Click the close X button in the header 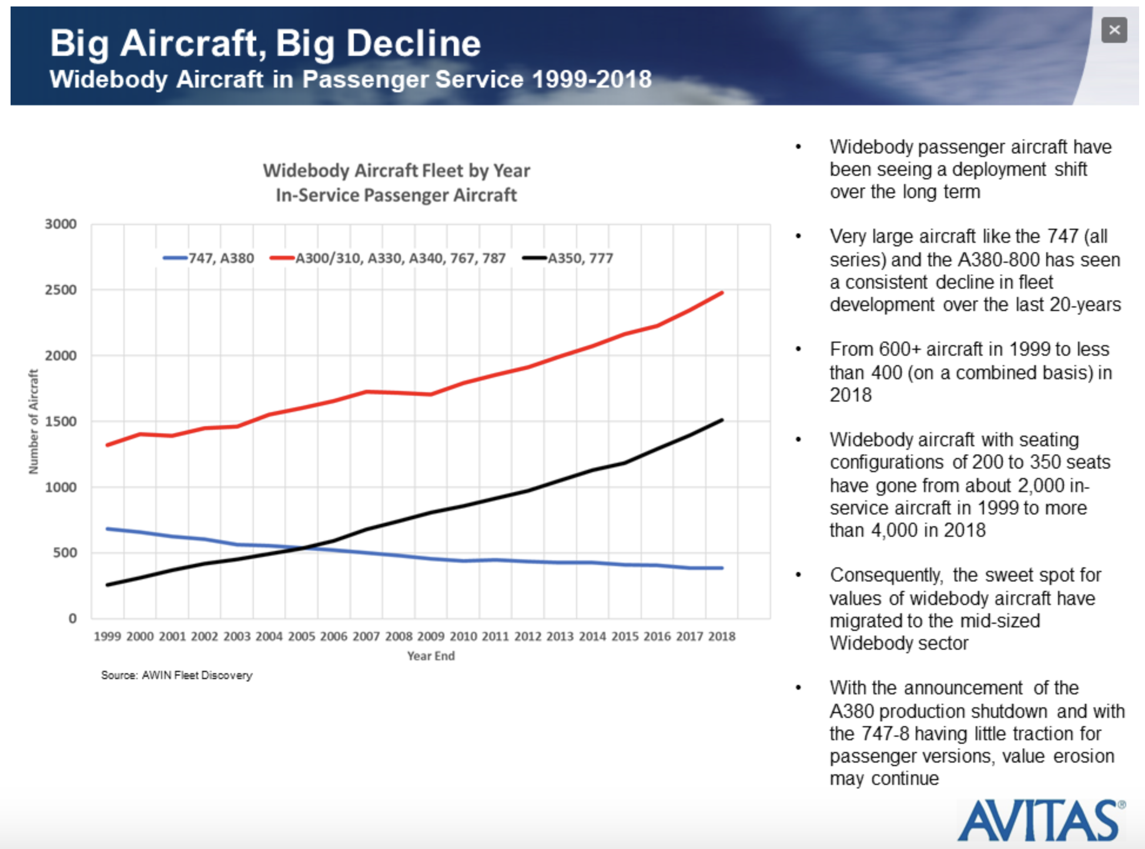[x=1114, y=30]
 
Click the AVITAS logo [x=1041, y=821]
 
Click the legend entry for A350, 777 [x=568, y=258]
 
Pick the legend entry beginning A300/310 [x=388, y=258]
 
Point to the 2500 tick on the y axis [x=61, y=290]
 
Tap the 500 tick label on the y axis [x=65, y=553]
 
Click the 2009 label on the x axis [x=431, y=636]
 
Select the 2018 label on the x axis [x=722, y=636]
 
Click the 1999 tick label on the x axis [x=108, y=636]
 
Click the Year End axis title [x=431, y=656]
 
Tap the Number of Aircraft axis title [x=34, y=422]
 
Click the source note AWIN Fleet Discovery [x=176, y=675]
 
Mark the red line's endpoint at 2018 [x=722, y=293]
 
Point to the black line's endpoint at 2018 [x=722, y=420]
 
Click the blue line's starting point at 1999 [x=108, y=529]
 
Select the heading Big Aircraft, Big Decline [x=265, y=43]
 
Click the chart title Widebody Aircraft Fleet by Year [x=396, y=171]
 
